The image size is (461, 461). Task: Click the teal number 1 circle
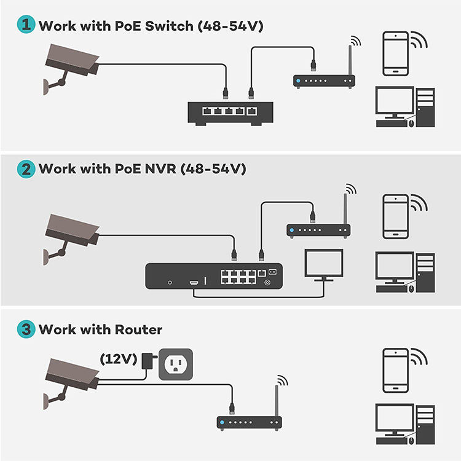26,24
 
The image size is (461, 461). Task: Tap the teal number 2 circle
26,169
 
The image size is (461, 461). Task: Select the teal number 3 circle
26,329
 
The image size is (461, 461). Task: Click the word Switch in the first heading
169,26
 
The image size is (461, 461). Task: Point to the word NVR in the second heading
160,169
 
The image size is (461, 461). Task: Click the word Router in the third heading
138,329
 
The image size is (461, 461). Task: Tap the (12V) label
119,359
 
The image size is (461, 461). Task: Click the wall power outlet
176,364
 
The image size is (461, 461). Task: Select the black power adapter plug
149,361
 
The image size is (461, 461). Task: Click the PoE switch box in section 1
230,113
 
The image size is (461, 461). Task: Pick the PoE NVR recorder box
214,276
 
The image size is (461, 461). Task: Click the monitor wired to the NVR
324,265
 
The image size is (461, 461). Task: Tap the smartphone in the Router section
395,371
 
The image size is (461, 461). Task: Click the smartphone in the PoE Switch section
395,53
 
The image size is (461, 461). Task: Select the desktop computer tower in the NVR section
425,273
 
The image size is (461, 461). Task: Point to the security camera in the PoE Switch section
71,68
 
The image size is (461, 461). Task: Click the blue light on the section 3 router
223,422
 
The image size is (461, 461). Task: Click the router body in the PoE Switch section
324,81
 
